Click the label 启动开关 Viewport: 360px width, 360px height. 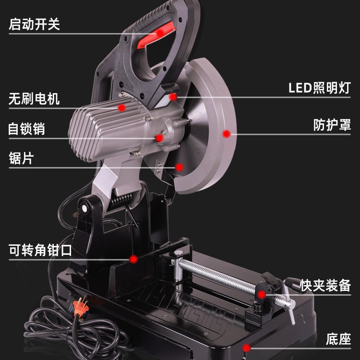(x=34, y=24)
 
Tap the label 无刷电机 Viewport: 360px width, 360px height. (x=34, y=99)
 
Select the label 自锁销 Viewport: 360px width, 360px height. (x=27, y=129)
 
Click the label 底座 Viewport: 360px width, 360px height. (x=338, y=338)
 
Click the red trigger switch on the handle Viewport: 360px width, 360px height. (x=155, y=37)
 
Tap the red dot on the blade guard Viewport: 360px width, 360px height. (x=227, y=134)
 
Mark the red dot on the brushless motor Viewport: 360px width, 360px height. (x=122, y=108)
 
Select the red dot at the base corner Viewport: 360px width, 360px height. (x=246, y=347)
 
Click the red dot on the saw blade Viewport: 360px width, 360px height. (x=180, y=167)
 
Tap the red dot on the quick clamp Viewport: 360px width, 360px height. (x=262, y=294)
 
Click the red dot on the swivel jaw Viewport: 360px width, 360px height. (x=134, y=259)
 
